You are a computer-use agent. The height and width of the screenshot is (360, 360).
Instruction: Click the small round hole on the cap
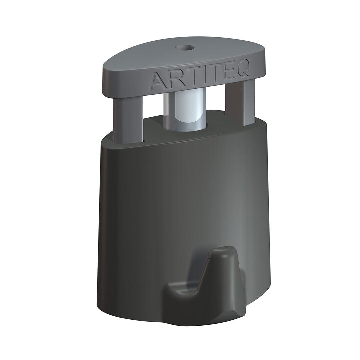(185, 48)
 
